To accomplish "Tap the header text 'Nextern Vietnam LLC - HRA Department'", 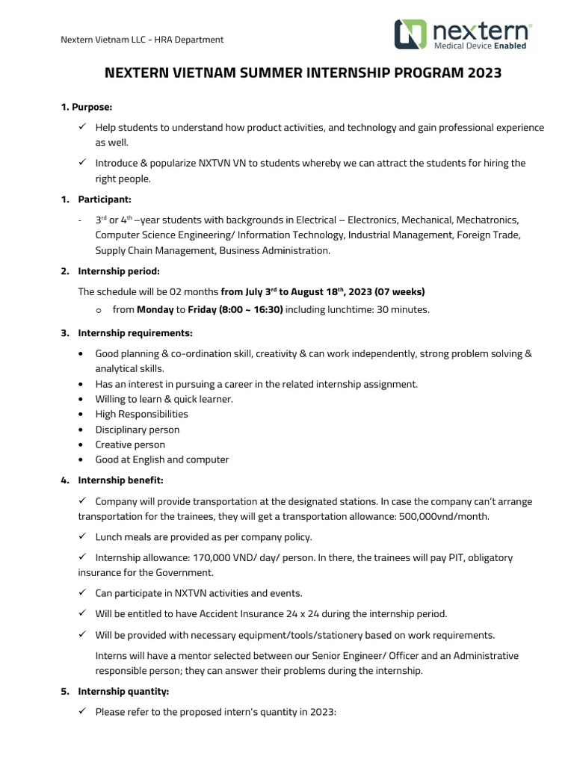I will pyautogui.click(x=141, y=40).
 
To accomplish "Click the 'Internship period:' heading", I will pyautogui.click(x=118, y=271).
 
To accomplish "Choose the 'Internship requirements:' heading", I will pyautogui.click(x=135, y=332).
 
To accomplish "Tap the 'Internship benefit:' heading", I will pyautogui.click(x=120, y=480).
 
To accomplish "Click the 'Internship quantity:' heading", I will pyautogui.click(x=123, y=692).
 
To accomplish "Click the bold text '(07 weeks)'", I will pyautogui.click(x=400, y=291).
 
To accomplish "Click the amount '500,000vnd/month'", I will pyautogui.click(x=445, y=516).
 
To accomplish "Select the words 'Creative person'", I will pyautogui.click(x=130, y=445).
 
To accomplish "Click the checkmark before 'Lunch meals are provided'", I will pyautogui.click(x=82, y=536).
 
